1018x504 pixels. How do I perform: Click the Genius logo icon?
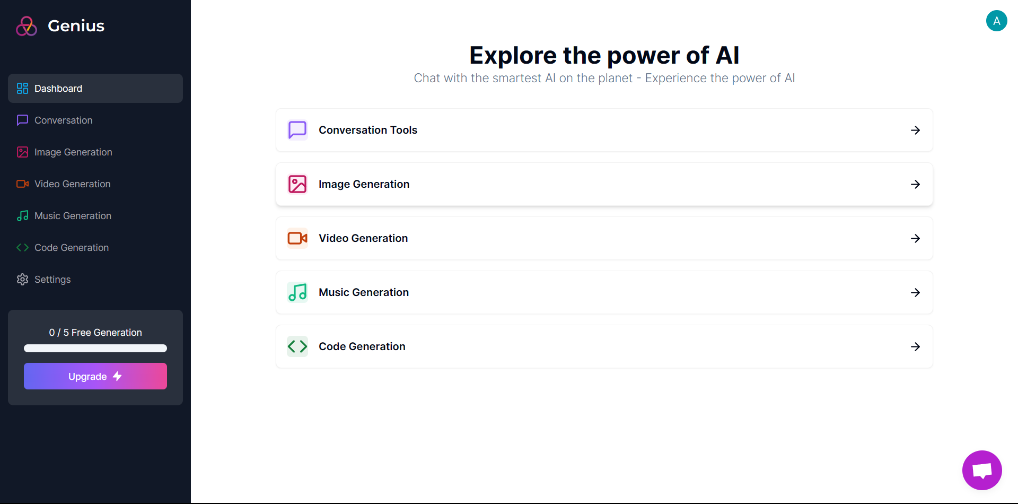coord(27,26)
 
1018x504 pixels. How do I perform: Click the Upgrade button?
coord(95,376)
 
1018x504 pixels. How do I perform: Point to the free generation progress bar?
coord(95,349)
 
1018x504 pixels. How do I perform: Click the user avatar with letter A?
coord(997,21)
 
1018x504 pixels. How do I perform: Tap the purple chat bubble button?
coord(982,471)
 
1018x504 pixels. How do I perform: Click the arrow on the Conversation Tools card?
coord(915,130)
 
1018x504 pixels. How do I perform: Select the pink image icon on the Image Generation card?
coord(297,184)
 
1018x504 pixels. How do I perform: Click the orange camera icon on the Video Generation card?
coord(297,238)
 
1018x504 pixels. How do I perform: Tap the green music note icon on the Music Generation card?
coord(297,292)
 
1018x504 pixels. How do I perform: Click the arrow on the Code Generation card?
coord(915,346)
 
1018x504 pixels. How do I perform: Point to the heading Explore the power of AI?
coord(604,55)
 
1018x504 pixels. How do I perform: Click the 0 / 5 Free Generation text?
coord(95,333)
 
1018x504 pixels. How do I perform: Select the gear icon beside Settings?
coord(22,280)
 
